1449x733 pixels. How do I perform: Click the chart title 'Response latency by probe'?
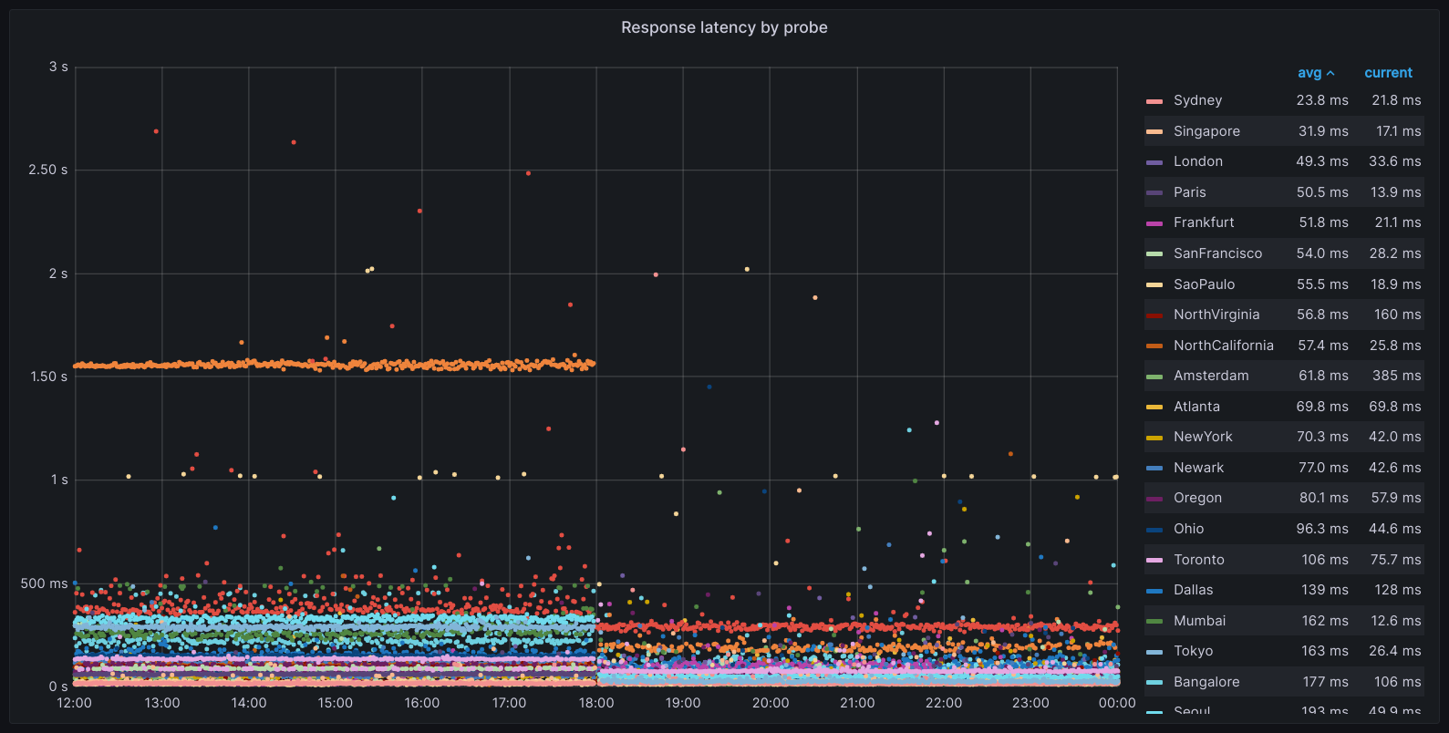click(x=724, y=27)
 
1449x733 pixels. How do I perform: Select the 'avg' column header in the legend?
click(x=1309, y=73)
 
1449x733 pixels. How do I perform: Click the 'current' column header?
click(x=1388, y=73)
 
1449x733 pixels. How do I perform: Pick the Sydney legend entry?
click(x=1197, y=100)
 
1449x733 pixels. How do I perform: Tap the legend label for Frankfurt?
click(x=1204, y=222)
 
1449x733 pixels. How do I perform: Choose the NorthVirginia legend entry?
click(x=1216, y=315)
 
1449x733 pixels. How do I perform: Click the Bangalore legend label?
click(x=1206, y=682)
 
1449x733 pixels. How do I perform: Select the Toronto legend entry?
click(x=1198, y=560)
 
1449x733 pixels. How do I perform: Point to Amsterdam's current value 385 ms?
click(x=1397, y=376)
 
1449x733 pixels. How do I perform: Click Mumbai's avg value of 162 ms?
click(x=1324, y=621)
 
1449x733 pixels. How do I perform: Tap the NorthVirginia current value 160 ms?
click(x=1397, y=315)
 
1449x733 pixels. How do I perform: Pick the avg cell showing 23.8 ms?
click(x=1322, y=100)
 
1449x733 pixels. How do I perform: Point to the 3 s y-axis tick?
click(x=58, y=67)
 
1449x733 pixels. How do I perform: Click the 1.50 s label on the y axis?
click(x=48, y=377)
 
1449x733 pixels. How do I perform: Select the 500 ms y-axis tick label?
click(x=45, y=583)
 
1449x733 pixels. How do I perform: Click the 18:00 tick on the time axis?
click(x=596, y=703)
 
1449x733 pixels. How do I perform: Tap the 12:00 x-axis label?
click(x=74, y=703)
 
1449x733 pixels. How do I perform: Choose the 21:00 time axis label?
click(x=857, y=703)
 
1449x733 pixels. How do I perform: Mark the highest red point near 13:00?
click(x=156, y=131)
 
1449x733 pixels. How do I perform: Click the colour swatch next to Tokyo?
click(x=1154, y=652)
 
